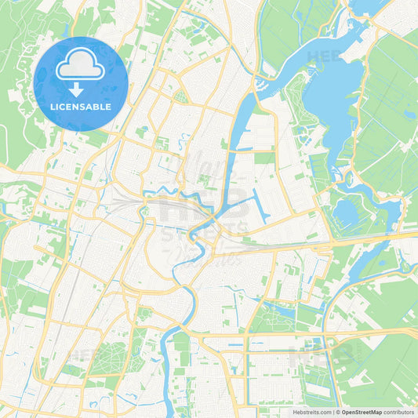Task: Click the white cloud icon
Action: pyautogui.click(x=80, y=69)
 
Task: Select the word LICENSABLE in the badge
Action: pyautogui.click(x=81, y=107)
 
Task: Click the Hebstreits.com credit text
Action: pyautogui.click(x=311, y=412)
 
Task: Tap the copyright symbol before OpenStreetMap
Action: pyautogui.click(x=337, y=412)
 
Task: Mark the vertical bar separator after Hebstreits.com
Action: pyautogui.click(x=333, y=412)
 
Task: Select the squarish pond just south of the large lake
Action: pyautogui.click(x=345, y=213)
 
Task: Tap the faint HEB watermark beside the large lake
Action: pyautogui.click(x=323, y=56)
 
